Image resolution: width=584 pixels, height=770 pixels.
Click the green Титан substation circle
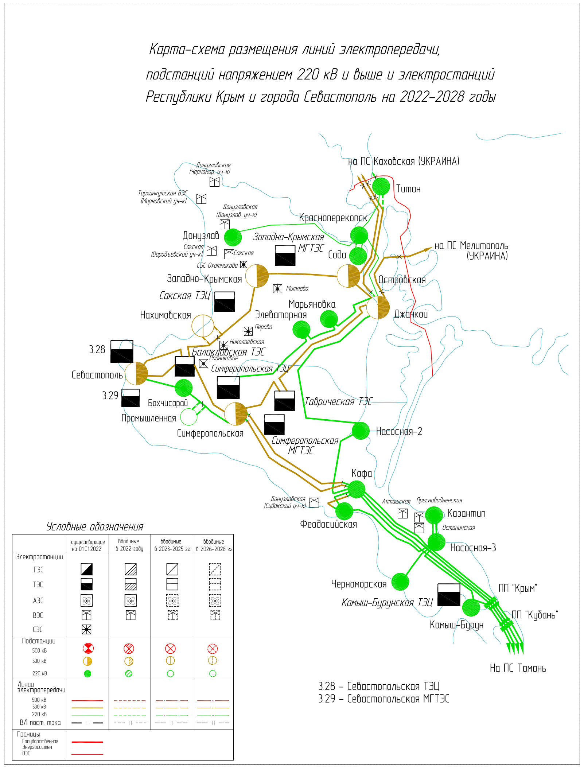click(381, 186)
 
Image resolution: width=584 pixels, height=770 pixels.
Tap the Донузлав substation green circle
click(233, 237)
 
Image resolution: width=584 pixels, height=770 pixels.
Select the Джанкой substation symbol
click(378, 307)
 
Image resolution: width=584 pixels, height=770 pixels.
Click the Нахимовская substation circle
click(203, 326)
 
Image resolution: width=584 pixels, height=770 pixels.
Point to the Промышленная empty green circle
click(188, 417)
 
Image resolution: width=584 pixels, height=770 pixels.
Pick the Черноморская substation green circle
click(400, 582)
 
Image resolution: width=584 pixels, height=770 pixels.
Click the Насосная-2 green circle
click(361, 431)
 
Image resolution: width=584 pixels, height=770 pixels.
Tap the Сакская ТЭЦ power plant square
click(225, 302)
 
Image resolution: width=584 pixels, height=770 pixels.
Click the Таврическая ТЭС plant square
click(285, 401)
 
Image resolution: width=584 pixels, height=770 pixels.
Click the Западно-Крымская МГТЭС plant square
click(285, 255)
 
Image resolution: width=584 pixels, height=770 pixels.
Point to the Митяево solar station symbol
click(277, 289)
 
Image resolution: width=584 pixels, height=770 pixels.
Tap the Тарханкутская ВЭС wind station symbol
click(201, 199)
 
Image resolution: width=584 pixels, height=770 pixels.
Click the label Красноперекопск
click(333, 218)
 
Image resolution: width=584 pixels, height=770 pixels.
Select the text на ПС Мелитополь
click(471, 246)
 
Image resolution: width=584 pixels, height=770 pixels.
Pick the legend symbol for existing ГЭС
click(86, 569)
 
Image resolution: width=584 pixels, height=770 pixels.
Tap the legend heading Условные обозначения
click(95, 526)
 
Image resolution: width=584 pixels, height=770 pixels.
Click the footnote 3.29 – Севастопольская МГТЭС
click(384, 699)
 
